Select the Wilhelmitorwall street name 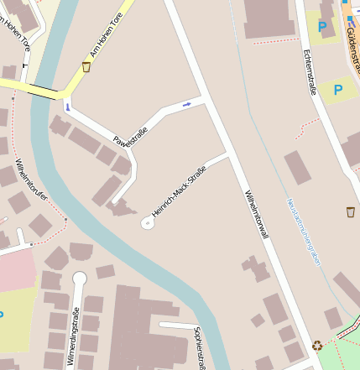click(x=255, y=215)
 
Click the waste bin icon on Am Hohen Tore click(x=86, y=66)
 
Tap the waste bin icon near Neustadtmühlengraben click(x=350, y=211)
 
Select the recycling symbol click(x=316, y=345)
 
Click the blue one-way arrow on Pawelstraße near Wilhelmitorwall click(x=186, y=103)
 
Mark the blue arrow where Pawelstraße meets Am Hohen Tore click(x=67, y=107)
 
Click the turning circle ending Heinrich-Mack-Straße click(x=148, y=222)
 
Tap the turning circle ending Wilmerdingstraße click(x=80, y=279)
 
